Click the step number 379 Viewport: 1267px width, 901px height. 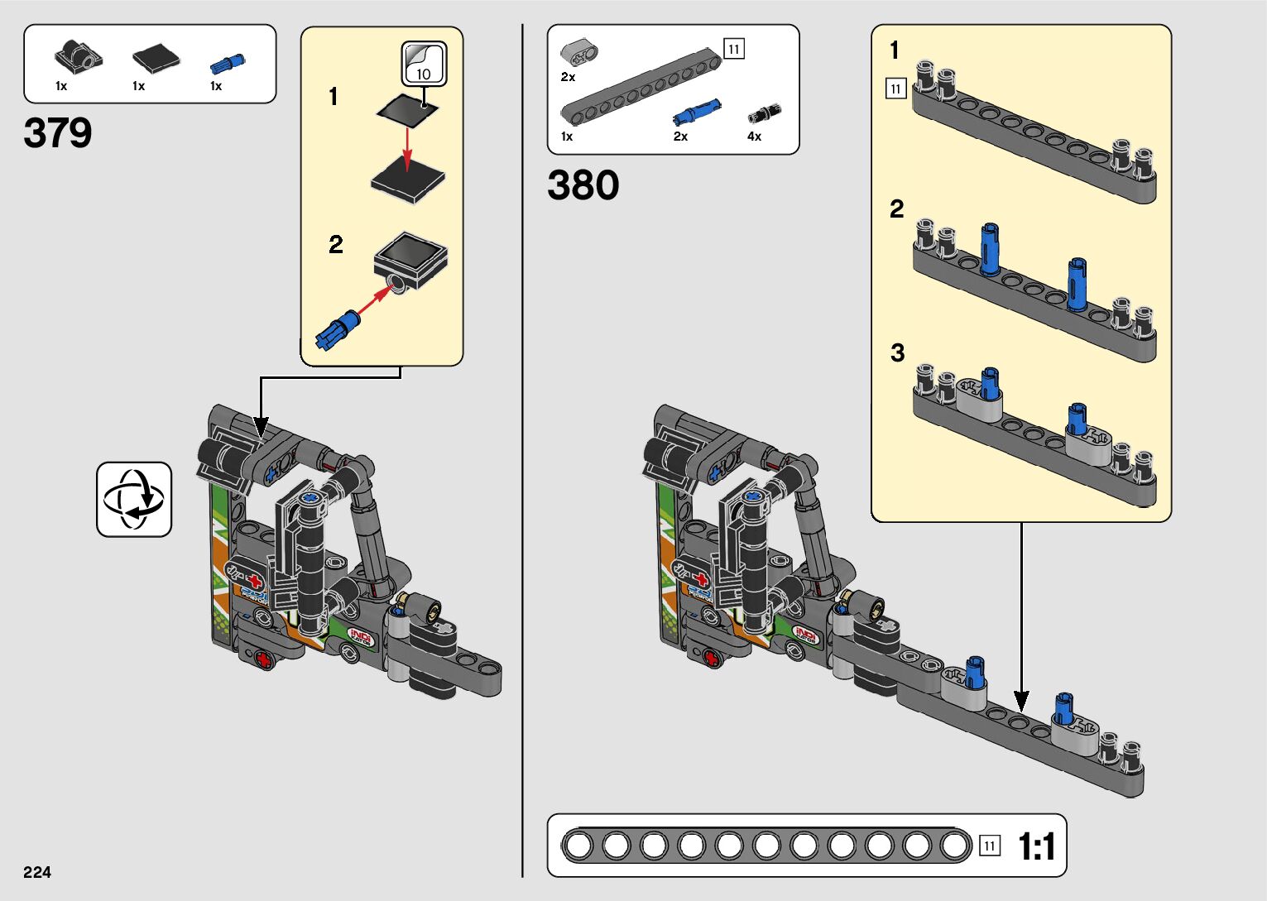[58, 133]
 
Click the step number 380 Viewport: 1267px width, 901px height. [583, 185]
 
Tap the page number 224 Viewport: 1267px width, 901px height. [37, 872]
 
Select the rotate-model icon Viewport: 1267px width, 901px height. [134, 500]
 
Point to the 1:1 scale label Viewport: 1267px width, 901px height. [1036, 847]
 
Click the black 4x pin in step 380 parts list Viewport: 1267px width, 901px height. [765, 114]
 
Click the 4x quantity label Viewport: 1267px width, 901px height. [754, 137]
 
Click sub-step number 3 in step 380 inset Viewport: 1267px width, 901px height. [897, 353]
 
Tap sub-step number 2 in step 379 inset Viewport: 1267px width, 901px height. [335, 245]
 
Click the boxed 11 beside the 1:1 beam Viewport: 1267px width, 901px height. [989, 846]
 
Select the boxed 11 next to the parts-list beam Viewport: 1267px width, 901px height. [733, 49]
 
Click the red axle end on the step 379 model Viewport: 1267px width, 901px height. [264, 659]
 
